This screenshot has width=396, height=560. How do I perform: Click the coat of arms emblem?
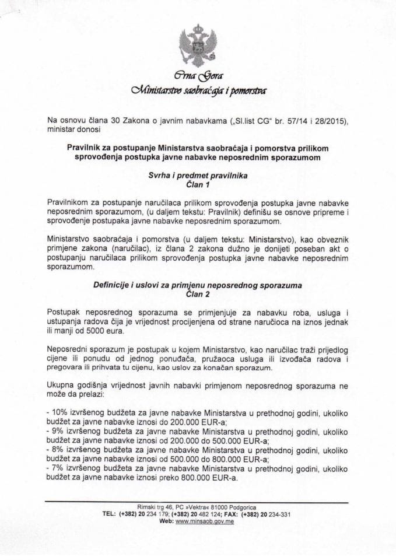click(x=198, y=45)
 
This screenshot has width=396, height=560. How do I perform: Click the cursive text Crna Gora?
click(x=198, y=76)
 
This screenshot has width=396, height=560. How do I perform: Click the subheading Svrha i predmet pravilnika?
click(x=197, y=174)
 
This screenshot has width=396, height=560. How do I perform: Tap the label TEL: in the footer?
click(x=109, y=514)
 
